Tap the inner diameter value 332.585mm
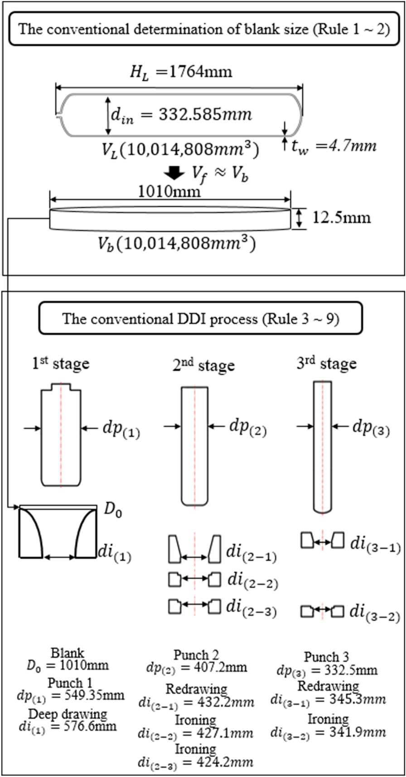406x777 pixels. (205, 114)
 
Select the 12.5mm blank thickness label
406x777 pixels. (341, 218)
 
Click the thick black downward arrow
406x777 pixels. (174, 173)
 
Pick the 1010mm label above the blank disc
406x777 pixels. (169, 192)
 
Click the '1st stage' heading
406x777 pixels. (61, 364)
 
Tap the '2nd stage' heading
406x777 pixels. (203, 365)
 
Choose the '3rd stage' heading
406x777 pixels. (326, 364)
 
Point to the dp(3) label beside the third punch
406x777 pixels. (371, 428)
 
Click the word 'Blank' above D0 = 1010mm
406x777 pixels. (68, 653)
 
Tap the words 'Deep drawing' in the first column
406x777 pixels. (68, 714)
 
